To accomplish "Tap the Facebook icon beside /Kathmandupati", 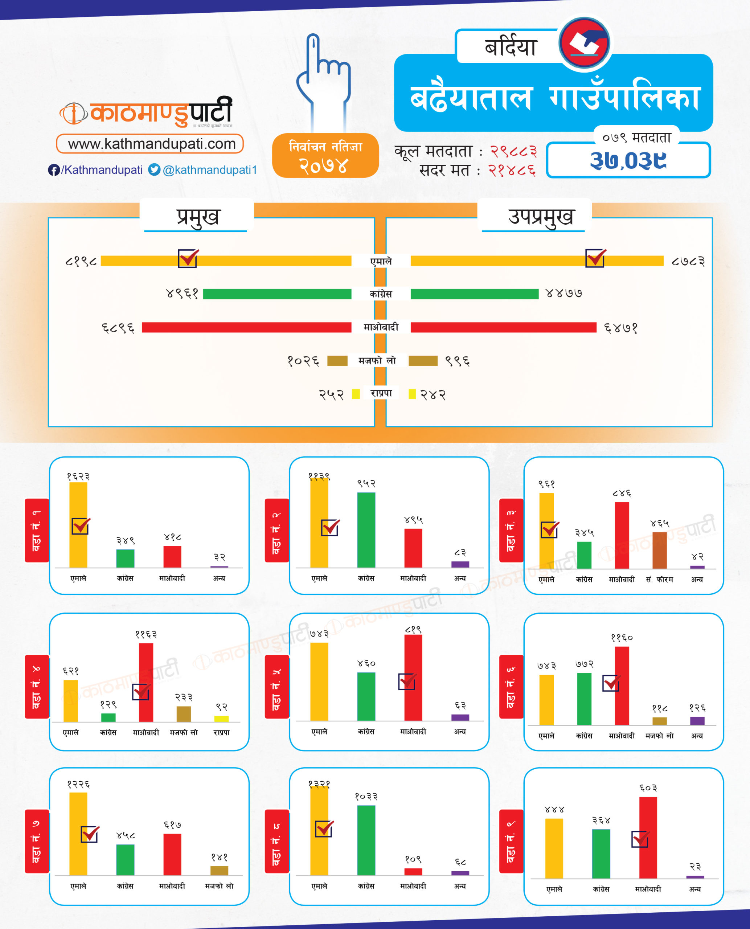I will (54, 170).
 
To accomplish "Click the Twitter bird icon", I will (154, 169).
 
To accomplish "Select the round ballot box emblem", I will (584, 43).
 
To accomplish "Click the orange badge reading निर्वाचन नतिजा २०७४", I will (325, 156).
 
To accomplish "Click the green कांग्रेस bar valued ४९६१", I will (277, 294).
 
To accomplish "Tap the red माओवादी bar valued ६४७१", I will (503, 327).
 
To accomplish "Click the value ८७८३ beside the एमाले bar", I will (688, 261).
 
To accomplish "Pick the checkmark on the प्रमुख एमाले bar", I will (188, 258).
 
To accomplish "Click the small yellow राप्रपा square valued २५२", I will (356, 394).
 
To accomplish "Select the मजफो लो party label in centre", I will (377, 360).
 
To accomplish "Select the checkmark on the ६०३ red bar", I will (640, 839).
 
